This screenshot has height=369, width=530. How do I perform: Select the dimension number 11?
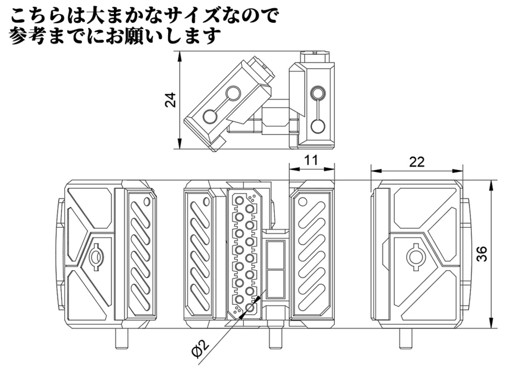(x=311, y=160)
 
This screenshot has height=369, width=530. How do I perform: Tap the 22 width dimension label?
(x=417, y=162)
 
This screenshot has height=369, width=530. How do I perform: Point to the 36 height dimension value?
(x=482, y=254)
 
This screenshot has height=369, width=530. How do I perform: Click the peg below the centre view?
(x=275, y=339)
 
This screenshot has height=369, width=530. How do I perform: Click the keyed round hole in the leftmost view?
(x=96, y=256)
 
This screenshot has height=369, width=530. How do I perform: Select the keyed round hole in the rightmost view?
(x=416, y=256)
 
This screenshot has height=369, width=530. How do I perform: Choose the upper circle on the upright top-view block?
(x=317, y=94)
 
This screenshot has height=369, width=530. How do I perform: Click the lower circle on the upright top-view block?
(x=317, y=125)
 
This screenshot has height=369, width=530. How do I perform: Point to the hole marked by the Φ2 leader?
(x=250, y=308)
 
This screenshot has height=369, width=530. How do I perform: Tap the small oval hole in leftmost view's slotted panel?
(x=147, y=201)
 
